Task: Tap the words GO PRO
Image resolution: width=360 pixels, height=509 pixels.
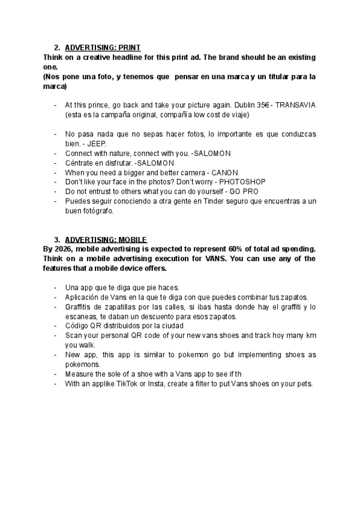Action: [x=248, y=191]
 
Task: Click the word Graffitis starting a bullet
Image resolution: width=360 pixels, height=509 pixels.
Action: [x=79, y=307]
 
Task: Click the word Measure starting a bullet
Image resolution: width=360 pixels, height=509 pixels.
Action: [x=79, y=374]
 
